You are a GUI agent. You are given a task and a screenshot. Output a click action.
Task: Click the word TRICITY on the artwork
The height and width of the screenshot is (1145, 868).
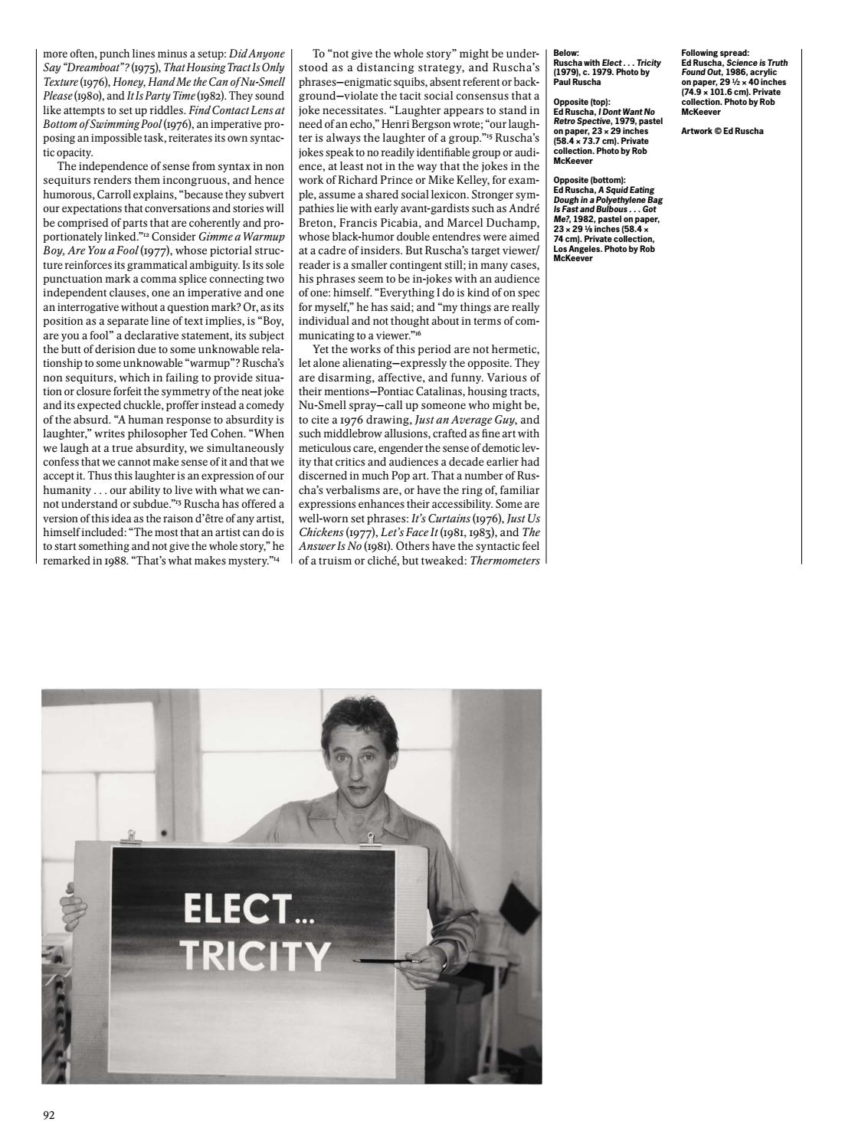255,955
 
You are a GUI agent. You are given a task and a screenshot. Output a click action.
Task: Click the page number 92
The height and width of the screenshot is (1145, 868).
48,1115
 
